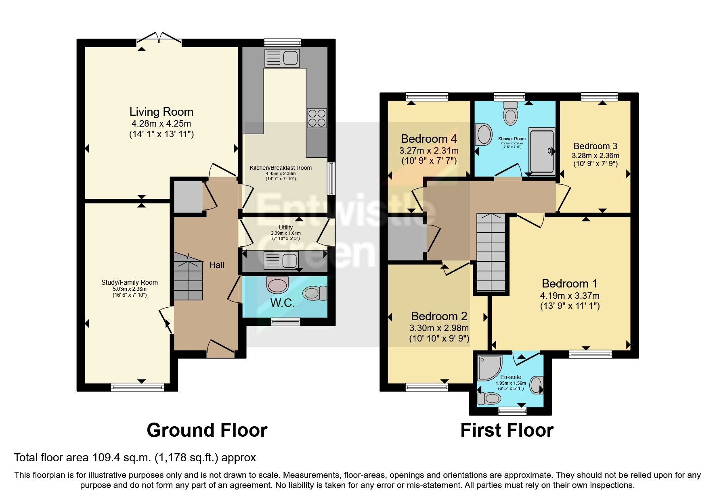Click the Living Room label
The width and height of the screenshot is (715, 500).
161,112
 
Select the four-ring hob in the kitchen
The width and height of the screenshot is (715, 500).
317,118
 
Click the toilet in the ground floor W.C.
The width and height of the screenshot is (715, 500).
315,293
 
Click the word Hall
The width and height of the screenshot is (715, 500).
217,265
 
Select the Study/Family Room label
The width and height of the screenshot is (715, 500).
129,282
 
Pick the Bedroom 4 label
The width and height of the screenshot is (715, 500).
429,139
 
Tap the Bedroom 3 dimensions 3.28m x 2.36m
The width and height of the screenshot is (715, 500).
595,155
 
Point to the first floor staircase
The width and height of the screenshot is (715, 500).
491,252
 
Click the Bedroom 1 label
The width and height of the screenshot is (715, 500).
569,283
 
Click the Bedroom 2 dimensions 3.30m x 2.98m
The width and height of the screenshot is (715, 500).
439,328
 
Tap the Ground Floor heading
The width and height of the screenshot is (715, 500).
207,430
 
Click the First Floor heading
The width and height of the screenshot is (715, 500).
507,430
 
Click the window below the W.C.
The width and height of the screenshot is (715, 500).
285,321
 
